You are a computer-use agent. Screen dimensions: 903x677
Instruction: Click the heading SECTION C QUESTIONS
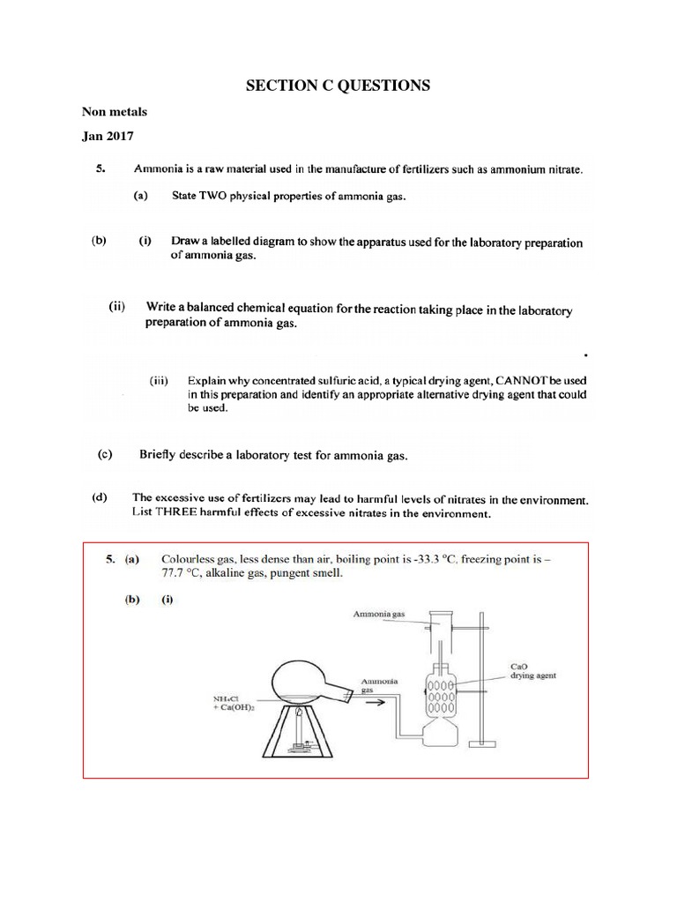pyautogui.click(x=338, y=86)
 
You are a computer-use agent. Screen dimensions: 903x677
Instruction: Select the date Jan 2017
pyautogui.click(x=108, y=136)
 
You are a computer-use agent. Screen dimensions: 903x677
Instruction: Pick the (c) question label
pyautogui.click(x=105, y=455)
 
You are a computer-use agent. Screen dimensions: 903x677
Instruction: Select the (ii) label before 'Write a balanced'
pyautogui.click(x=119, y=308)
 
